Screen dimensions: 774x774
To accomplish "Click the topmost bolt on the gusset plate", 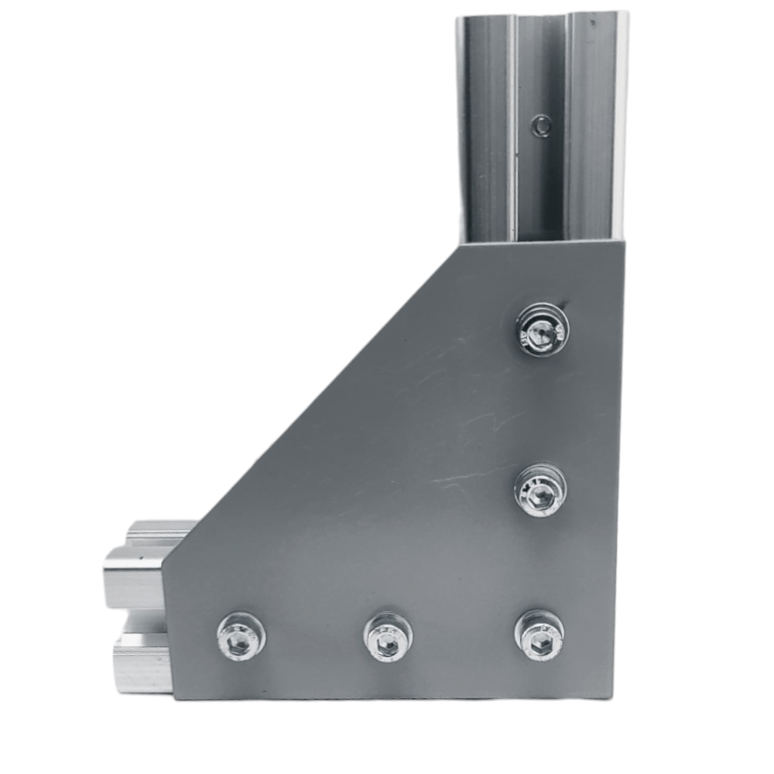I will tap(542, 329).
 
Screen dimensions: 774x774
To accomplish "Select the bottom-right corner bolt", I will tap(539, 635).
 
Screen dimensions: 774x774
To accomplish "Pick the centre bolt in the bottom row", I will tap(388, 637).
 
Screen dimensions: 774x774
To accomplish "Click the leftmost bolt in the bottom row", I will tap(241, 636).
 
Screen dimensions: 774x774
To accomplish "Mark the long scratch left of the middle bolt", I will tap(464, 479).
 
